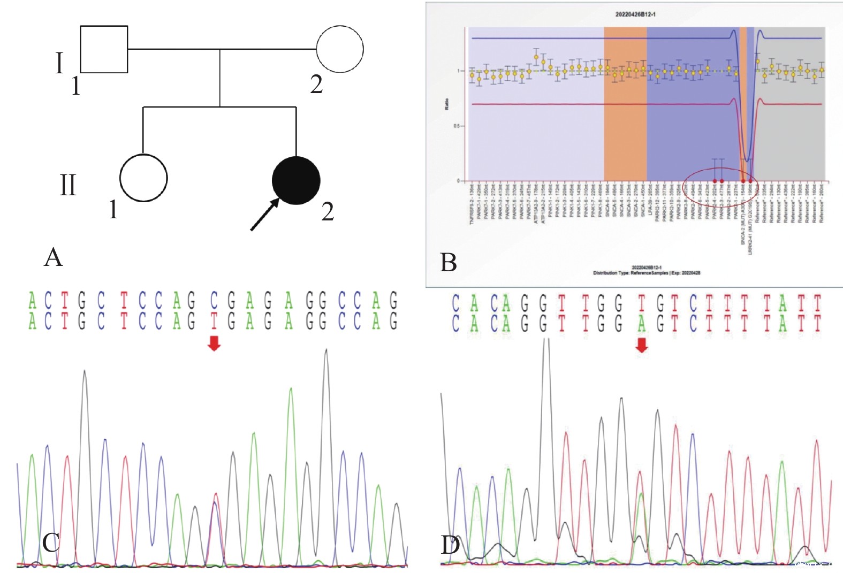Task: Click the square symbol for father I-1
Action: click(104, 49)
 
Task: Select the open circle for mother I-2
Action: click(340, 49)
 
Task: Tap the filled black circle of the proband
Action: click(296, 181)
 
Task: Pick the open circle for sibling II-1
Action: click(143, 178)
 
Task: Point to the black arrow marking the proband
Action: click(264, 215)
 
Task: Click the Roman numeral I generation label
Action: click(59, 63)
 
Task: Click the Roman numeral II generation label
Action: click(68, 185)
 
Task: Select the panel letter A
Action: click(54, 257)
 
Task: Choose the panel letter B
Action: click(448, 263)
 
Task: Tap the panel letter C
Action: click(51, 543)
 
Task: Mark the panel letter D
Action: click(450, 545)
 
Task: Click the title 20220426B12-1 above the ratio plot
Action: click(635, 14)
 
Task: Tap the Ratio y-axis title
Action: click(446, 104)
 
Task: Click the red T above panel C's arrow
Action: click(214, 320)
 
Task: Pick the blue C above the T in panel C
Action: click(214, 301)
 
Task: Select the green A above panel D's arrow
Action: click(641, 323)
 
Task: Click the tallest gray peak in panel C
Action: click(326, 353)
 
